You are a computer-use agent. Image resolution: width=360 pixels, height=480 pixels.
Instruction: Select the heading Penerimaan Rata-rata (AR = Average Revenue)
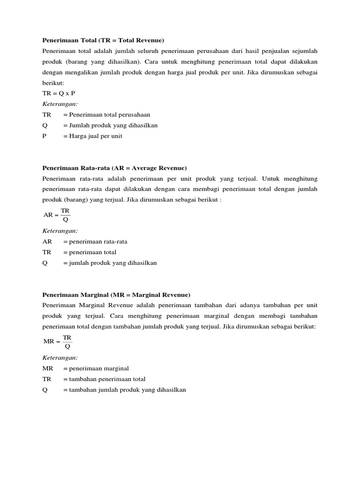point(114,168)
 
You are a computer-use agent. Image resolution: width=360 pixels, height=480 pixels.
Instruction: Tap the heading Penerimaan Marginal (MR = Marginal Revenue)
point(116,295)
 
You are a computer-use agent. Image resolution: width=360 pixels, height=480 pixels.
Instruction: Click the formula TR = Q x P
point(59,93)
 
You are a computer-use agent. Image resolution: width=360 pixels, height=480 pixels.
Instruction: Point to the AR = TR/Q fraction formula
point(57,215)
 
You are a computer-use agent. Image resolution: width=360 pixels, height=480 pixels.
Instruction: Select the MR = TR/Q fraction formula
point(58,342)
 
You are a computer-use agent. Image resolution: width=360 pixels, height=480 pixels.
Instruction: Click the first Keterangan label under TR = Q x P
point(60,104)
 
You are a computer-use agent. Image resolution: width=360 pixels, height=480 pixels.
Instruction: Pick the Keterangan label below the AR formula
point(60,231)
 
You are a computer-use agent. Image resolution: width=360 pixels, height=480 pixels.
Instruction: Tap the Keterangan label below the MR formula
point(60,358)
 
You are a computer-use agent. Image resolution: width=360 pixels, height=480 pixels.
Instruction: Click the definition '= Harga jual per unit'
point(92,136)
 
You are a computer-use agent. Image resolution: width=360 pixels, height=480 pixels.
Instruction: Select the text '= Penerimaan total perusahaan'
point(106,114)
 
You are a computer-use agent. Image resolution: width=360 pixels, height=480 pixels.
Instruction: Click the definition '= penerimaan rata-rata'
point(95,242)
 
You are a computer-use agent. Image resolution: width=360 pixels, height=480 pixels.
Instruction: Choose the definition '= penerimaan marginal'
point(96,368)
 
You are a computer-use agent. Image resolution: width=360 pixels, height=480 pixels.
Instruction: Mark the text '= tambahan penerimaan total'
point(104,379)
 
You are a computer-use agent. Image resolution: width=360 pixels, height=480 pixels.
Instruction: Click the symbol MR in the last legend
point(47,368)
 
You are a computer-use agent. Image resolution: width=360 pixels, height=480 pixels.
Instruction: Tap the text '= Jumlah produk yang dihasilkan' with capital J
point(110,125)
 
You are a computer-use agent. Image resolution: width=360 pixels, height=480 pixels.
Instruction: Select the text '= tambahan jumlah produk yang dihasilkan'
point(124,390)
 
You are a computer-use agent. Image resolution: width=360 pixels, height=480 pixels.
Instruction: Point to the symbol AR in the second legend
point(47,242)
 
